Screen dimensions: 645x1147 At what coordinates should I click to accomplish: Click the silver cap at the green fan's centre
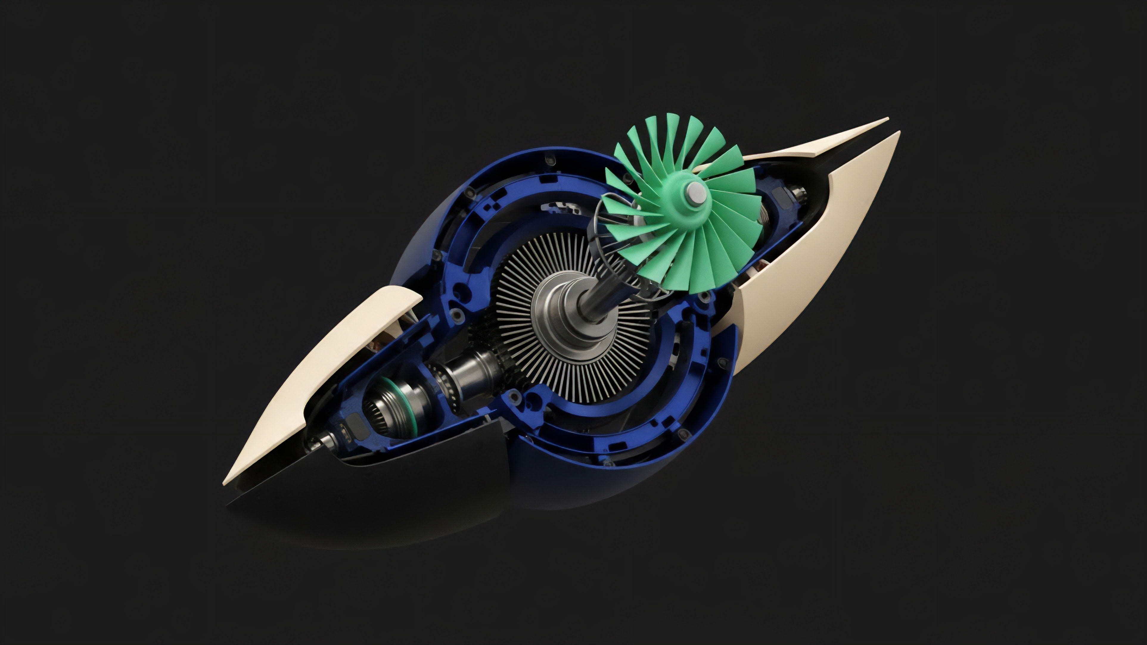coord(696,192)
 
